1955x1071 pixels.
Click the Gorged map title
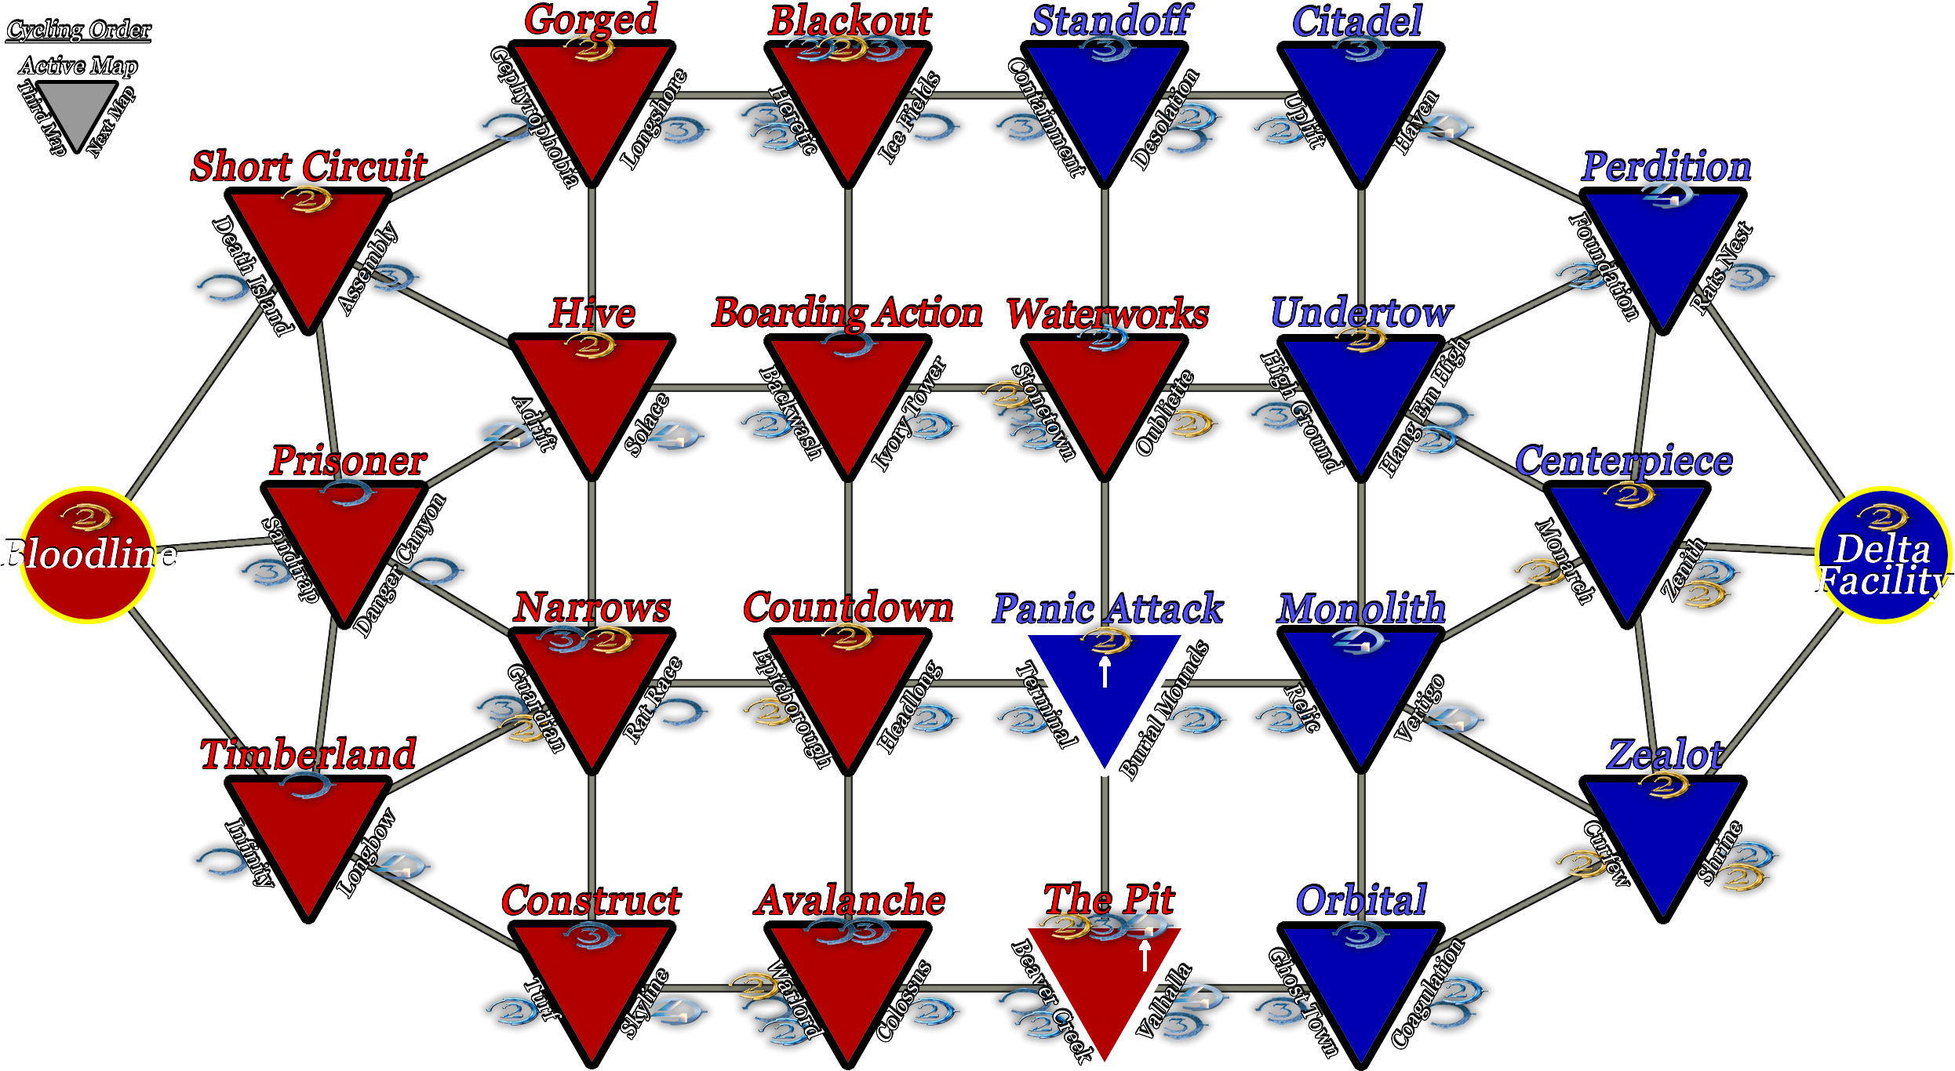point(591,20)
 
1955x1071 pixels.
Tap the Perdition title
point(1666,166)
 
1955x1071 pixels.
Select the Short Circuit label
point(309,166)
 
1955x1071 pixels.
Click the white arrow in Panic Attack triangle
point(1105,672)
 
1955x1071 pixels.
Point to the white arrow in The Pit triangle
point(1145,955)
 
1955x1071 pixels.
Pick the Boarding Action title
point(847,313)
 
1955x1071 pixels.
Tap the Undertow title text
point(1361,313)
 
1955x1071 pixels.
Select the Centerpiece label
point(1624,461)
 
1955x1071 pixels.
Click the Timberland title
point(308,754)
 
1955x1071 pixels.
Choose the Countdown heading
point(848,608)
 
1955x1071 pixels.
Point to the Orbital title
point(1361,900)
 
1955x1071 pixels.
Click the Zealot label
point(1665,754)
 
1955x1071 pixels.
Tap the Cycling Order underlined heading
point(78,30)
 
